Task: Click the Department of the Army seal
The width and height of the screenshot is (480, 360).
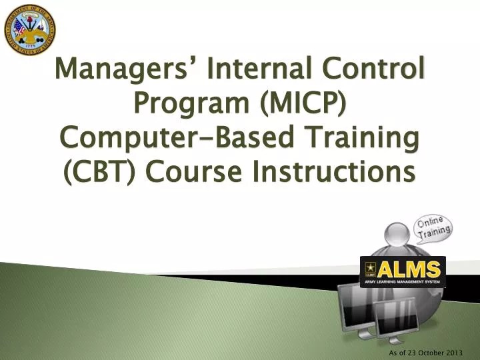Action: click(x=29, y=29)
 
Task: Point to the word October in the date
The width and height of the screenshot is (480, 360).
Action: click(x=433, y=351)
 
